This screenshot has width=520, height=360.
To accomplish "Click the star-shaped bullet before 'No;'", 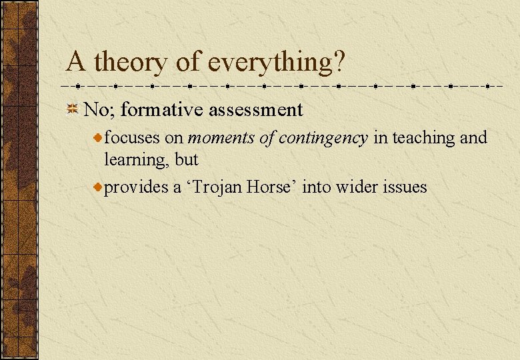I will [74, 109].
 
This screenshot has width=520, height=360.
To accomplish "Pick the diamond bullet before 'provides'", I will [98, 188].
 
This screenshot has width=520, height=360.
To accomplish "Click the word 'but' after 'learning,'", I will [187, 160].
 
